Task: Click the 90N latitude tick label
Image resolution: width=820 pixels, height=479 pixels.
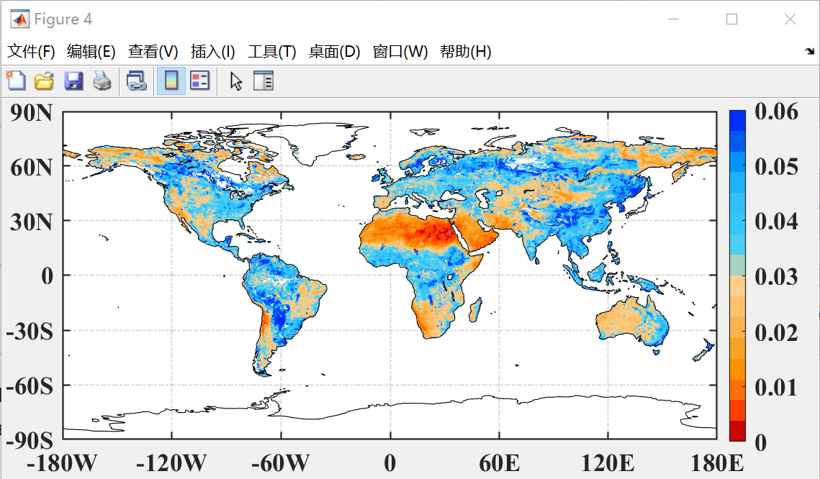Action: point(32,113)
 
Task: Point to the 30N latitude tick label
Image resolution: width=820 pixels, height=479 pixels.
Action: point(32,222)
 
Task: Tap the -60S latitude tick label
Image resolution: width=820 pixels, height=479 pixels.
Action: point(29,386)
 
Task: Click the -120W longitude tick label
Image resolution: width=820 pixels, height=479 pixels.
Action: point(171,462)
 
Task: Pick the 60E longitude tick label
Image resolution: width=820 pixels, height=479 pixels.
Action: point(500,462)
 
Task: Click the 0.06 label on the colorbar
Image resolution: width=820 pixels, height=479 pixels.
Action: point(776,111)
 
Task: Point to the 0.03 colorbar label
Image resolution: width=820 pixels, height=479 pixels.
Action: point(776,276)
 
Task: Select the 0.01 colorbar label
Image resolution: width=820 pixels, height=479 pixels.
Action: point(776,387)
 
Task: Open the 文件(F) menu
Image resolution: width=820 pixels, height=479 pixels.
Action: point(31,52)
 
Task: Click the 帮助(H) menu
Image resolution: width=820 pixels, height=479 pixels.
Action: point(465,52)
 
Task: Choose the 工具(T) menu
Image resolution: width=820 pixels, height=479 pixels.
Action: point(271,52)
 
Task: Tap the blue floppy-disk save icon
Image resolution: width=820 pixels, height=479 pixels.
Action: point(73,81)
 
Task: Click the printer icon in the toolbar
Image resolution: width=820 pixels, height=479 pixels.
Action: point(102,81)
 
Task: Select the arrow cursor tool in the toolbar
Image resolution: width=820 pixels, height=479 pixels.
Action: point(235,81)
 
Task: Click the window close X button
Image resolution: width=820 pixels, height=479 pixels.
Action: point(790,19)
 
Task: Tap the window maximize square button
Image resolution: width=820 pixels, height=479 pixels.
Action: point(731,19)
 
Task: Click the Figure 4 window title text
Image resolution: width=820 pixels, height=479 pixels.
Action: point(63,19)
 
